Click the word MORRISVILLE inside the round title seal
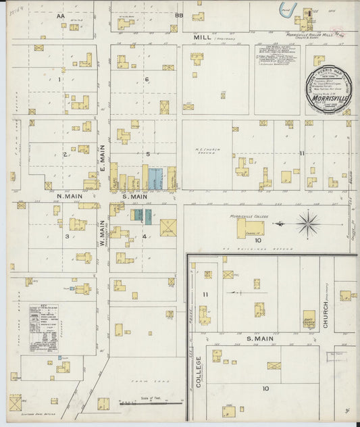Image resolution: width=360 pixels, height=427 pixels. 326,97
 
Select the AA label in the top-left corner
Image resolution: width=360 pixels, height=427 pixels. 60,15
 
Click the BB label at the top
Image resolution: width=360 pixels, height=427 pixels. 179,15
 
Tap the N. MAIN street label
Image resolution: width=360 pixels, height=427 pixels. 70,197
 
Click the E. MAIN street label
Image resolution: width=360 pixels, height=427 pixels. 103,159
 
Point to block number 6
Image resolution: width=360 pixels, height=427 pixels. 146,80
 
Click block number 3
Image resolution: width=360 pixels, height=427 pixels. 66,236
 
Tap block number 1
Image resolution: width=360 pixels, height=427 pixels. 60,80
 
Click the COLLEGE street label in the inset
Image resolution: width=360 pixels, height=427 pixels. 200,372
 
